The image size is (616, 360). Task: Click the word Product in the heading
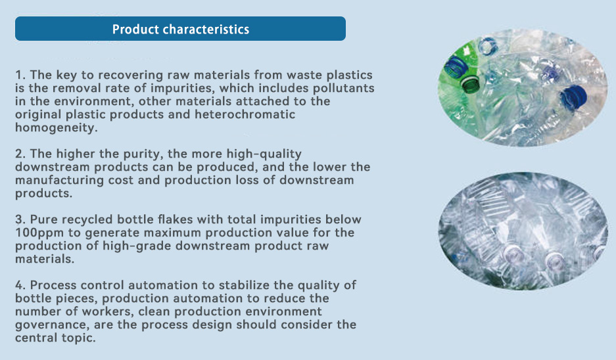pyautogui.click(x=135, y=29)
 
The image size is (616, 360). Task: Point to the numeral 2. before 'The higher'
pyautogui.click(x=20, y=154)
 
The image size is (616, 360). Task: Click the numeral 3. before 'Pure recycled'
pyautogui.click(x=20, y=219)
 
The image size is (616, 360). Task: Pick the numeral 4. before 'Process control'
pyautogui.click(x=20, y=285)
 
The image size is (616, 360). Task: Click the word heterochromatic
pyautogui.click(x=245, y=114)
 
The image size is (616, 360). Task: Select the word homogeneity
pyautogui.click(x=56, y=128)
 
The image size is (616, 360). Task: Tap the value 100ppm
pyautogui.click(x=39, y=233)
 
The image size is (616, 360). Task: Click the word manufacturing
pyautogui.click(x=60, y=180)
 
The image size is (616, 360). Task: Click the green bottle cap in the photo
pyautogui.click(x=470, y=84)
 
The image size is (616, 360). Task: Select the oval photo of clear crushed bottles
pyautogui.click(x=523, y=231)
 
